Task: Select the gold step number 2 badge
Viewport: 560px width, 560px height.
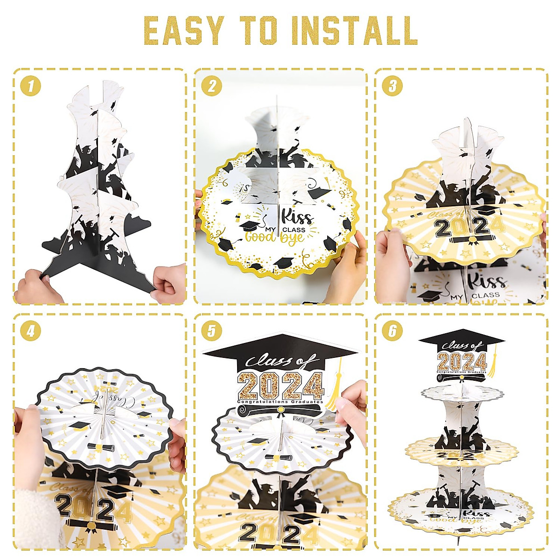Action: coord(211,86)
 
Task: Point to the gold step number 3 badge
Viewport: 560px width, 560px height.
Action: coord(392,86)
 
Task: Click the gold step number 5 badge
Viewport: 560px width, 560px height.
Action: coord(211,331)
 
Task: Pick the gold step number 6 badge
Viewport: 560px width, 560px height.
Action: coord(392,331)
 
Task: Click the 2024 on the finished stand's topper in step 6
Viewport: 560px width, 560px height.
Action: coord(462,361)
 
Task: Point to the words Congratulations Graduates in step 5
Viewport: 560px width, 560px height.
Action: coord(280,402)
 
